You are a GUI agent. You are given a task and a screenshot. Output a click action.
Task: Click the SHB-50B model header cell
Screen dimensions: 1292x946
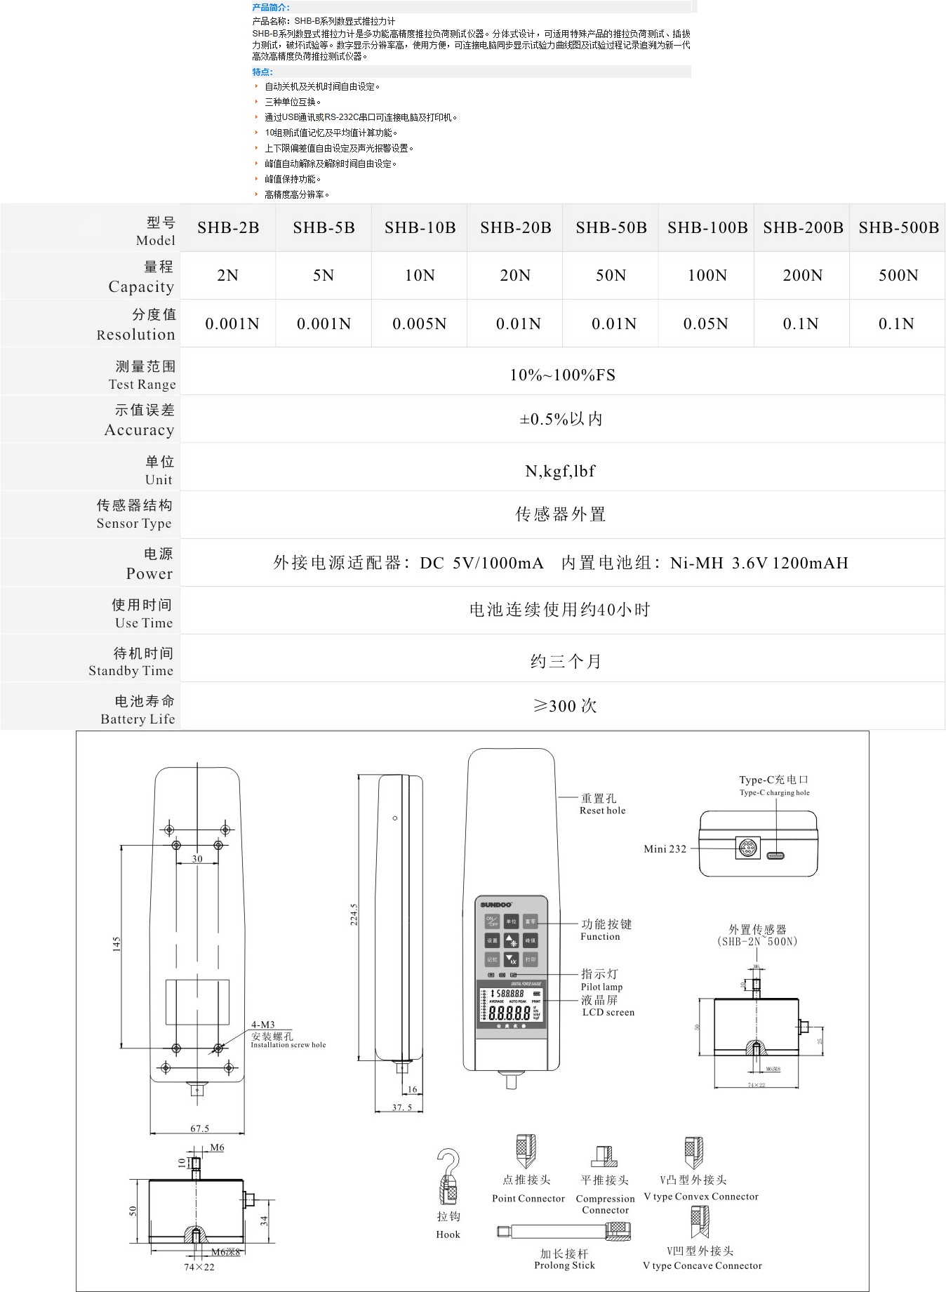coord(611,227)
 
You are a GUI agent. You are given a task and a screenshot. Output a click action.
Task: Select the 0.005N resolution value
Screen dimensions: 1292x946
coord(419,324)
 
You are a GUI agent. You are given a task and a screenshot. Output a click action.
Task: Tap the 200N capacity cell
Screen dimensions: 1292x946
coord(802,275)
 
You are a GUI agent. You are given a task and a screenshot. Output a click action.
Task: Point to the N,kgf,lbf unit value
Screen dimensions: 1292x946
coord(560,471)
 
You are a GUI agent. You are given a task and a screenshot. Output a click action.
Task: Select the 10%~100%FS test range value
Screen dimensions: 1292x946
coord(562,375)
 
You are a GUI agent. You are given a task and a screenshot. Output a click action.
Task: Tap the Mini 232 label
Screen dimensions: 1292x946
coord(665,848)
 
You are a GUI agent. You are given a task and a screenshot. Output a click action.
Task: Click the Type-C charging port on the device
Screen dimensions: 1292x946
coord(775,855)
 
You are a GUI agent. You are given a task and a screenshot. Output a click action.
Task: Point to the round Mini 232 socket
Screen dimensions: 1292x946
coord(747,848)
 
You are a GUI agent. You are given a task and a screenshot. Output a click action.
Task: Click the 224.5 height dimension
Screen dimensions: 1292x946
coord(354,914)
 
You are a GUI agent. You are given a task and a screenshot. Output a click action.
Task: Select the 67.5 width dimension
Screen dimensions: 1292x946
coord(199,1128)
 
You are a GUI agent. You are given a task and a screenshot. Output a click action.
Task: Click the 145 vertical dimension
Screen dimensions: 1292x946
coord(116,944)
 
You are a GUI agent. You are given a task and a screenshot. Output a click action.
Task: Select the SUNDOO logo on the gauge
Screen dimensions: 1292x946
coord(496,905)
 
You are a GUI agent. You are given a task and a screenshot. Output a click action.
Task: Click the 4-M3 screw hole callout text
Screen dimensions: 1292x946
coord(263,1025)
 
